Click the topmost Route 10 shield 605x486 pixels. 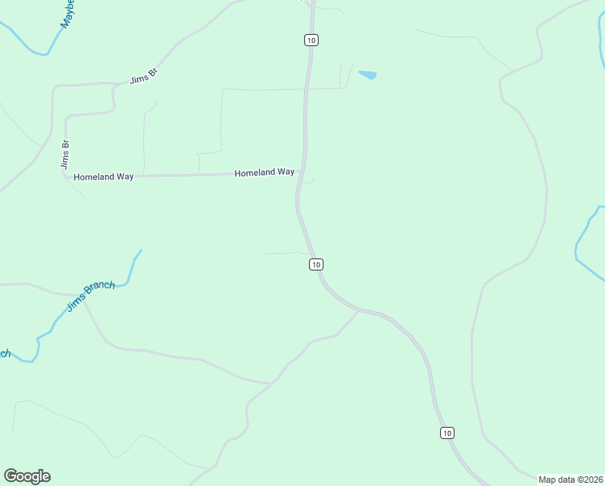point(311,40)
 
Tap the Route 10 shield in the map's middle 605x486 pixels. point(315,264)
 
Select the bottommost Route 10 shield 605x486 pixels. point(447,433)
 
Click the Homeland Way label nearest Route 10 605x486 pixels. point(264,173)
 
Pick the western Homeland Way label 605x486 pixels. point(103,177)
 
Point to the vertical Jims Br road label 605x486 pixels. point(65,155)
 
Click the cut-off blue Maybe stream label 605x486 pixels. point(69,15)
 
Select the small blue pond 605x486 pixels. point(367,75)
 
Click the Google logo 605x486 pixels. point(27,476)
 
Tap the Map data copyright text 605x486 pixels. point(570,479)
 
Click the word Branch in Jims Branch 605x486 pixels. point(101,290)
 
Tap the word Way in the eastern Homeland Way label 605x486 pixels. point(286,173)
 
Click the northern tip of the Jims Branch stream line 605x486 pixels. point(141,250)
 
